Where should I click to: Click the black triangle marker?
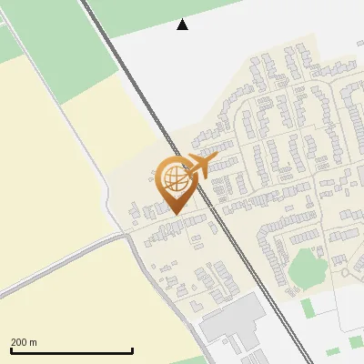coord(182,25)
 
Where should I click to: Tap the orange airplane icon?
coord(200,165)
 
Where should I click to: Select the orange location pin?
coord(175,182)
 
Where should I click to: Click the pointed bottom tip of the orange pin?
coord(175,213)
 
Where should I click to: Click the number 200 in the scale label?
coord(19,343)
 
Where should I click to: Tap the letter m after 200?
coord(34,343)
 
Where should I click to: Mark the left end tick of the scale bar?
coord(10,349)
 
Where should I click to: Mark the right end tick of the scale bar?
coord(133,349)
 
